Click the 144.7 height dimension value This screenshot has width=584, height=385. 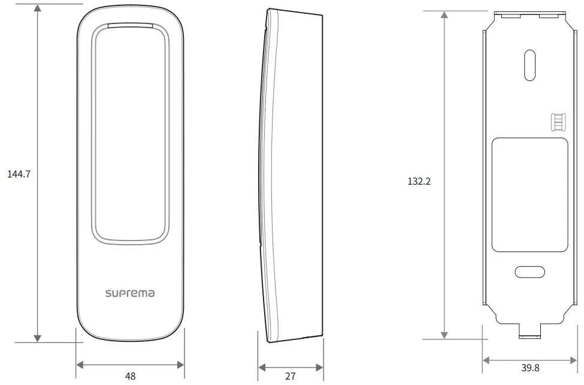coord(19,174)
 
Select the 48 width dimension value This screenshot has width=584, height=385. coord(130,377)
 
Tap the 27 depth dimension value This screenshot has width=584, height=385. coord(290,377)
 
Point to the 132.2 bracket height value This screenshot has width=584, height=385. coord(419,181)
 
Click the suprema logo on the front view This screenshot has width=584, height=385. coord(130,293)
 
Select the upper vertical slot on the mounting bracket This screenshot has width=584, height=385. coord(529,65)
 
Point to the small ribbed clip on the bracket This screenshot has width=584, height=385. coord(557,122)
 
